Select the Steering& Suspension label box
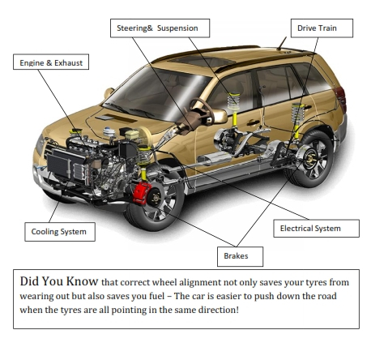[159, 28]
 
